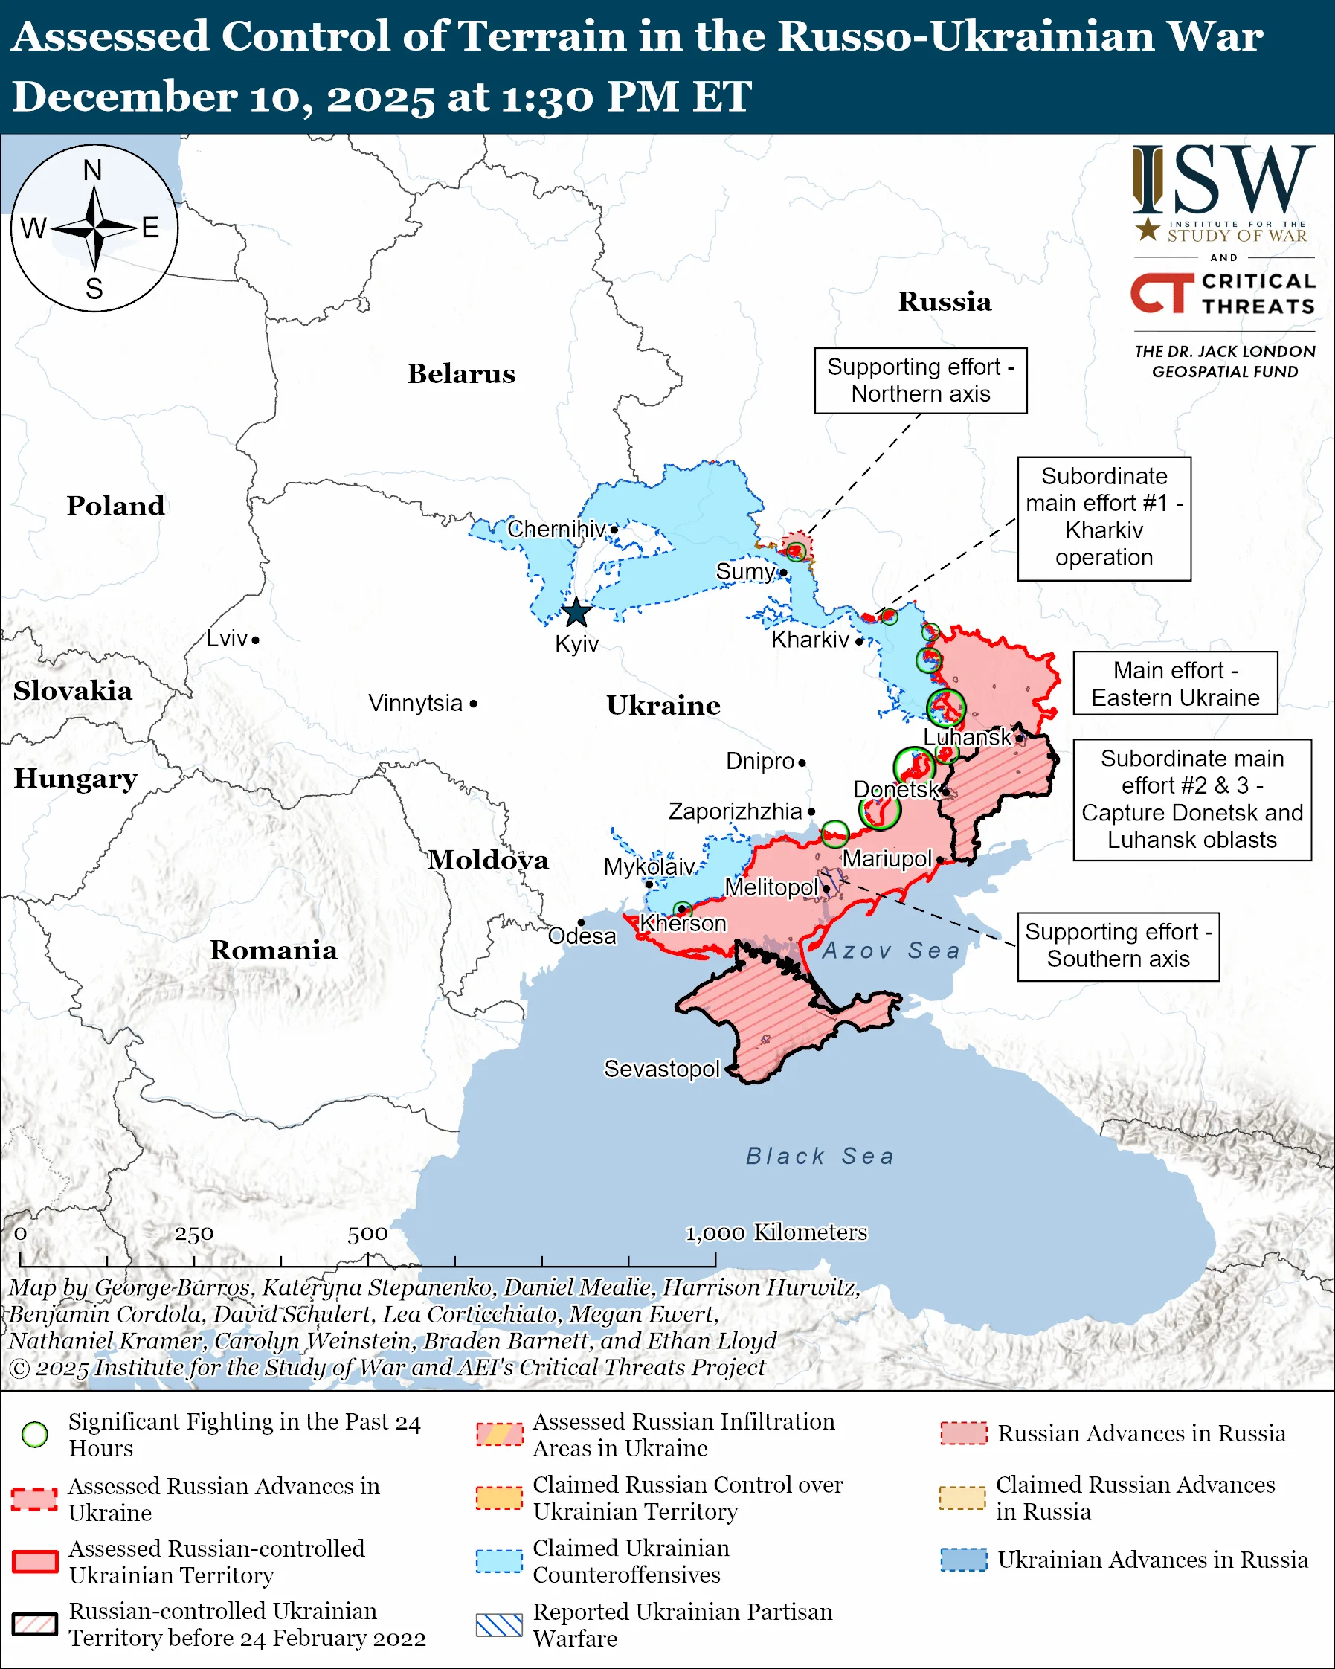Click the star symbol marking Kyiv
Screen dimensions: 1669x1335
576,612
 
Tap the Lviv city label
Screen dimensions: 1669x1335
227,639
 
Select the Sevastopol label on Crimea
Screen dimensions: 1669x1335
662,1068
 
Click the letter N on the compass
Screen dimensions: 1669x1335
93,170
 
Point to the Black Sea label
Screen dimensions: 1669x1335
820,1156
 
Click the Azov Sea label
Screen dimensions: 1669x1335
891,950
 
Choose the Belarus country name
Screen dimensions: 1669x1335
460,373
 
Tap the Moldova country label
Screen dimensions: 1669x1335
489,859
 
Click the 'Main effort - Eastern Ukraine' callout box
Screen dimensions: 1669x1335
1175,684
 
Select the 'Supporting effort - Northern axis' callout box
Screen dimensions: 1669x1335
920,380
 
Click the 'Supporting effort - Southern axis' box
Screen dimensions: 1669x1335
1118,945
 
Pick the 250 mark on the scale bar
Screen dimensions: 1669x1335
193,1234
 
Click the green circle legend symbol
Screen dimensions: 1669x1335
35,1435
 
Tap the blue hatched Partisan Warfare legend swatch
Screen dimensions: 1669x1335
499,1625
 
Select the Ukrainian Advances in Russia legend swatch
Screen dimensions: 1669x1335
964,1560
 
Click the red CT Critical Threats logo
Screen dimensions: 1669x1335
1162,292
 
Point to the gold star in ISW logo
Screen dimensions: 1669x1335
1147,229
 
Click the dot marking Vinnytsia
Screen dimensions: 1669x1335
474,704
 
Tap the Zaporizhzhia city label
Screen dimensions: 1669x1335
735,811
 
